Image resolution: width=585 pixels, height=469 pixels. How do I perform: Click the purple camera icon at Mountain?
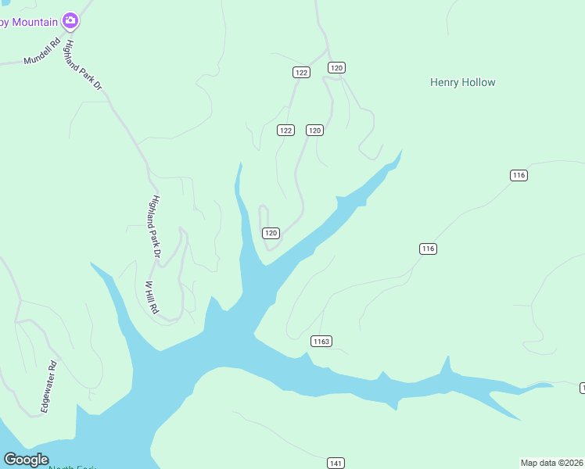pos(70,20)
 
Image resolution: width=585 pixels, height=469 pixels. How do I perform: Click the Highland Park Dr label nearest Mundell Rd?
pos(84,65)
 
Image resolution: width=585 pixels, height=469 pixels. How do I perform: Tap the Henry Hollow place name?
pos(462,82)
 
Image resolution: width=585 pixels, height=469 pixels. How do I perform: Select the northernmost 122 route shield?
pos(302,72)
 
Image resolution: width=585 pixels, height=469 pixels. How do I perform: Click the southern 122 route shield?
pos(285,131)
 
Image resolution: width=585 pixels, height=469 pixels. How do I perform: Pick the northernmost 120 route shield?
pos(336,68)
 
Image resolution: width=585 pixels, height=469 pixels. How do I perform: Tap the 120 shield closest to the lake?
pos(271,233)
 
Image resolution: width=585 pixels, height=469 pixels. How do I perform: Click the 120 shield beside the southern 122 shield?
pos(314,131)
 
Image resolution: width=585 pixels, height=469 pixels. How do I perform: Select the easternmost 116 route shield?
pos(519,175)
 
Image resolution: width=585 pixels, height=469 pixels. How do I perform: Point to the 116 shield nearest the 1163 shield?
pos(427,249)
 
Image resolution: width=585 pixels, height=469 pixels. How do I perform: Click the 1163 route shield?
pos(321,341)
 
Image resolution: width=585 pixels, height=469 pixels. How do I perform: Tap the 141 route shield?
pos(336,464)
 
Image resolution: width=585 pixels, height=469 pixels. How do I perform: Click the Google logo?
pos(27,460)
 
